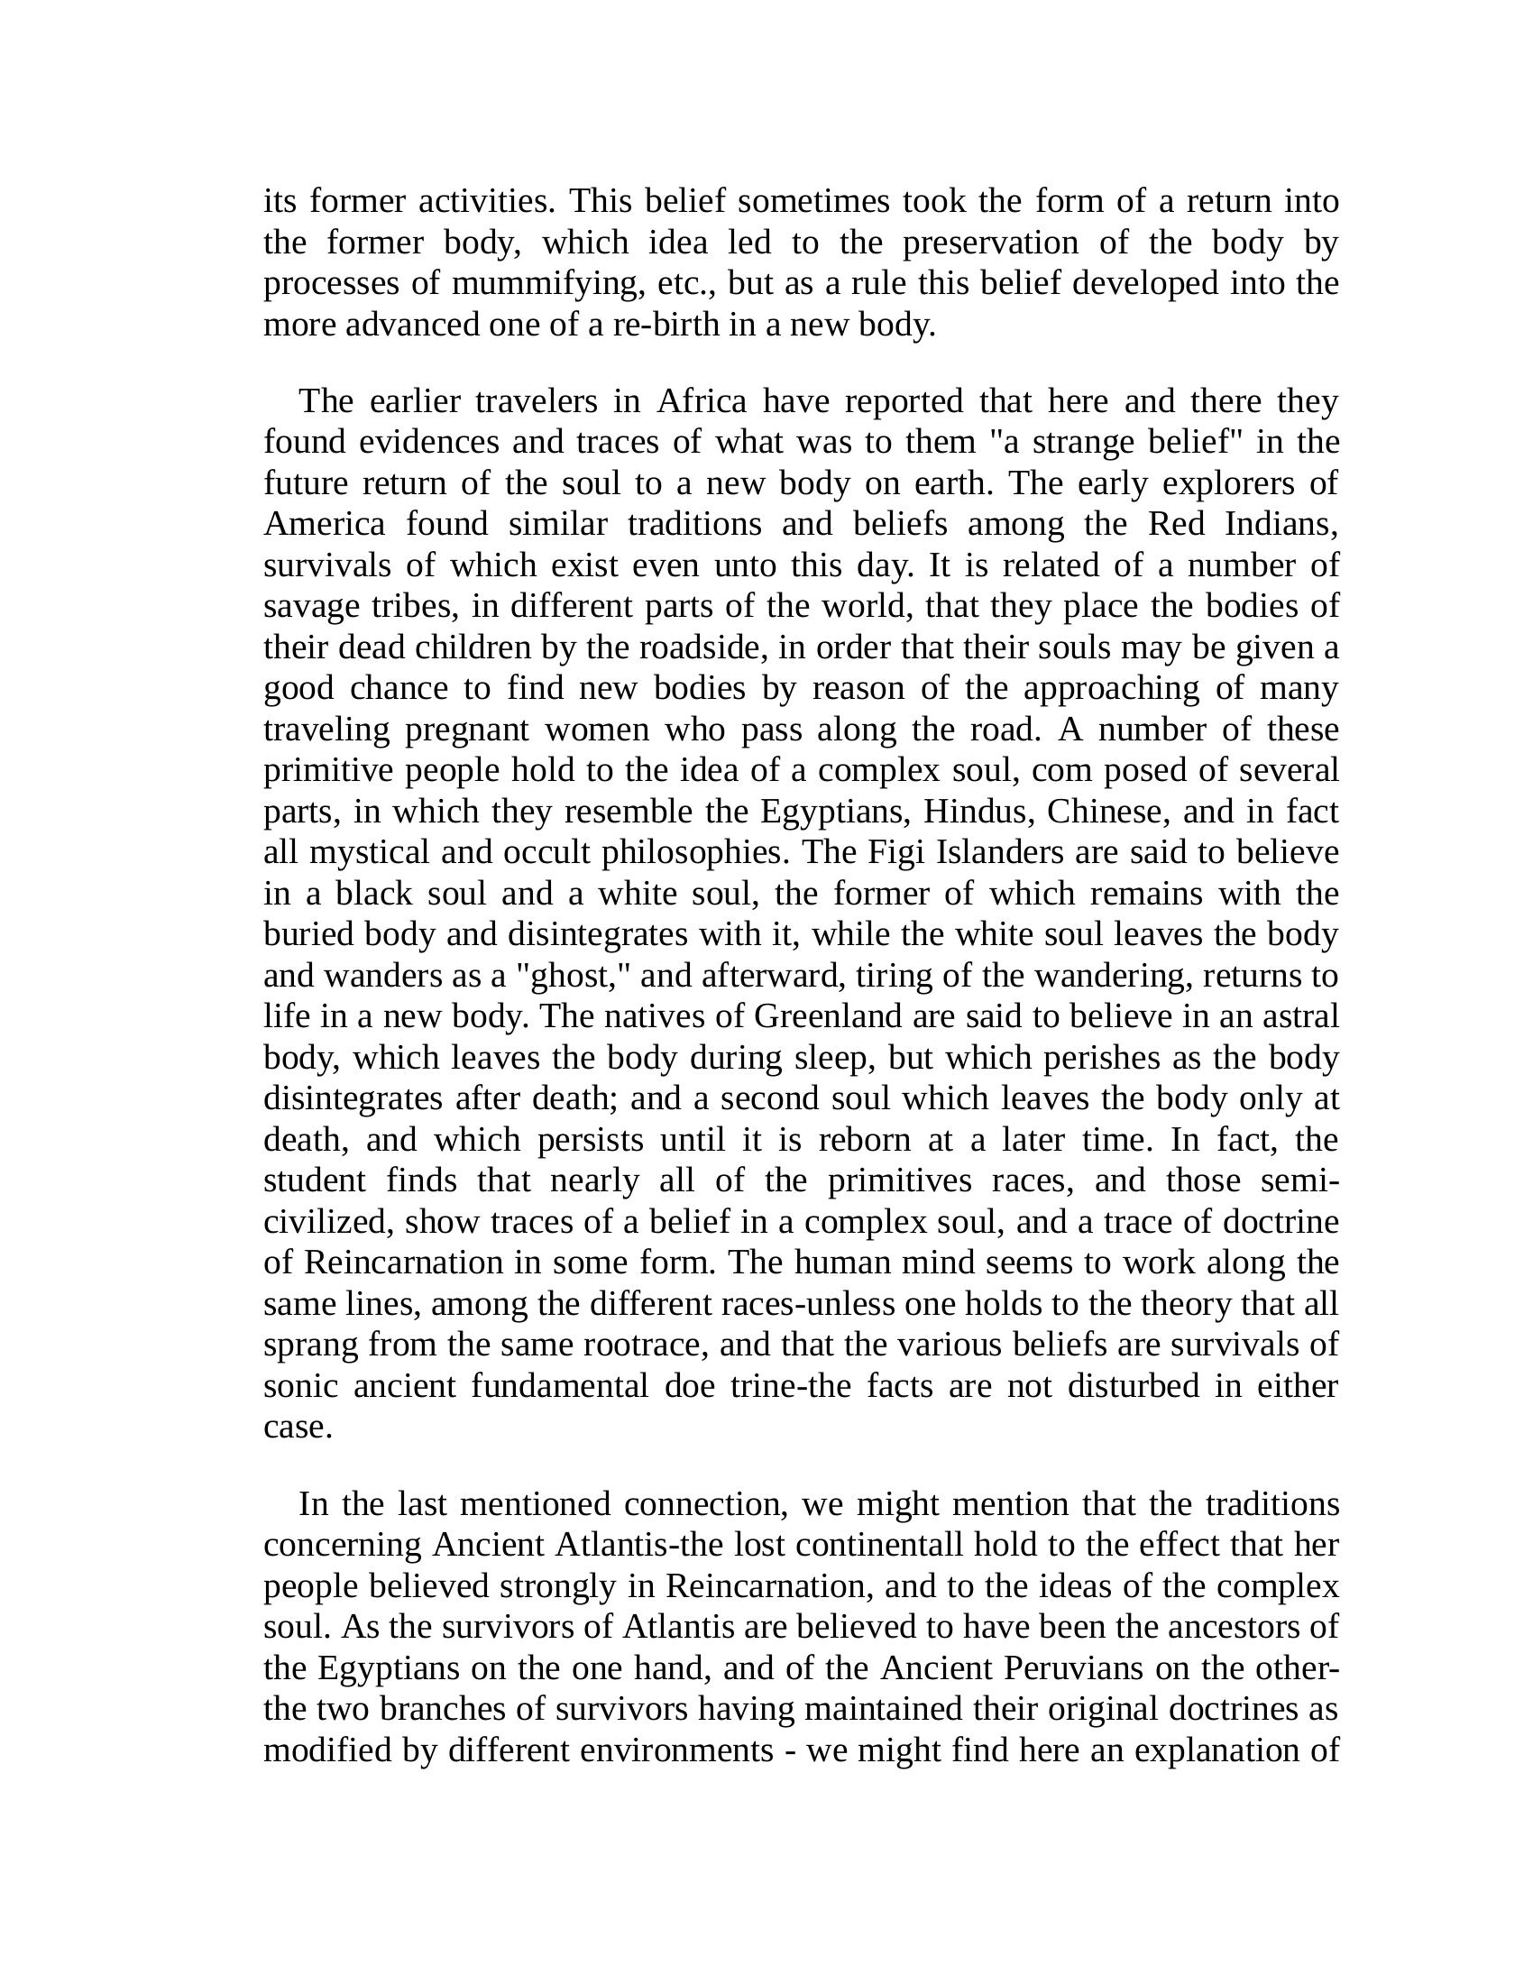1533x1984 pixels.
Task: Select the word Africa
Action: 701,400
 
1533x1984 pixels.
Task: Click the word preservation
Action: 990,243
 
